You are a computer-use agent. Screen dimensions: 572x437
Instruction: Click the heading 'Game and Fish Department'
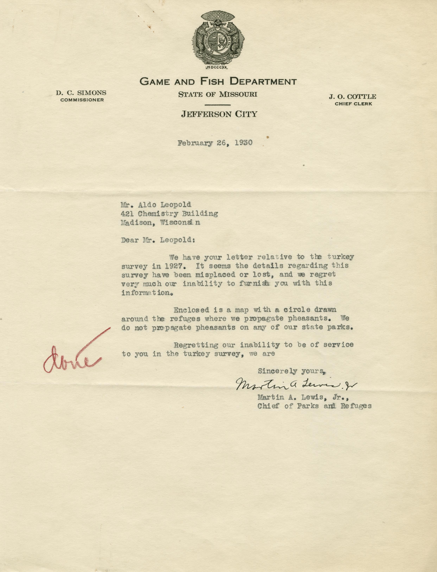(x=218, y=82)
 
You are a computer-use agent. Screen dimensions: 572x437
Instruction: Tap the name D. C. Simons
(x=81, y=93)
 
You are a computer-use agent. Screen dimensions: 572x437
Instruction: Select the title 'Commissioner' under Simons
(x=82, y=100)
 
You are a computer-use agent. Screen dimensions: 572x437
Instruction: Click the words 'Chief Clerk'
(x=353, y=104)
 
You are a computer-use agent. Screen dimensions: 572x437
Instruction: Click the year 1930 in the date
(x=244, y=143)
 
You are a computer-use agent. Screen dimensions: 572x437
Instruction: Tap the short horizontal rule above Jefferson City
(x=218, y=105)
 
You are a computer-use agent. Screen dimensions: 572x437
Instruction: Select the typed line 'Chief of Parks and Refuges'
(x=314, y=406)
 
